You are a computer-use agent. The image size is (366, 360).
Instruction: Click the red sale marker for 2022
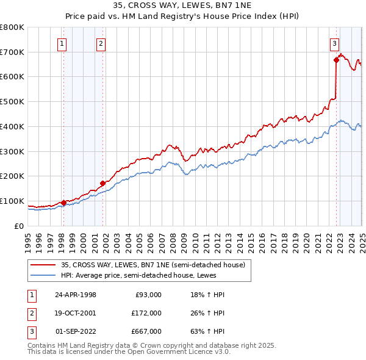pyautogui.click(x=336, y=60)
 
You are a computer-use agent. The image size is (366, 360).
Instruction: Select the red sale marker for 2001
pyautogui.click(x=103, y=182)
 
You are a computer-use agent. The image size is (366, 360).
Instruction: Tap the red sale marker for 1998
pyautogui.click(x=64, y=203)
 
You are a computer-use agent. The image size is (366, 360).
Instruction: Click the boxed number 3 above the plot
pyautogui.click(x=335, y=43)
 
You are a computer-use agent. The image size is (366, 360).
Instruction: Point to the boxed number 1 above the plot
pyautogui.click(x=63, y=43)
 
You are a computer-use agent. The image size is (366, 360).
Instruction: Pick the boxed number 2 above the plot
pyautogui.click(x=101, y=43)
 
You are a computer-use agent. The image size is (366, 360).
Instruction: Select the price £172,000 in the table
pyautogui.click(x=146, y=313)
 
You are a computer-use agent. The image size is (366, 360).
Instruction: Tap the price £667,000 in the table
pyautogui.click(x=146, y=331)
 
